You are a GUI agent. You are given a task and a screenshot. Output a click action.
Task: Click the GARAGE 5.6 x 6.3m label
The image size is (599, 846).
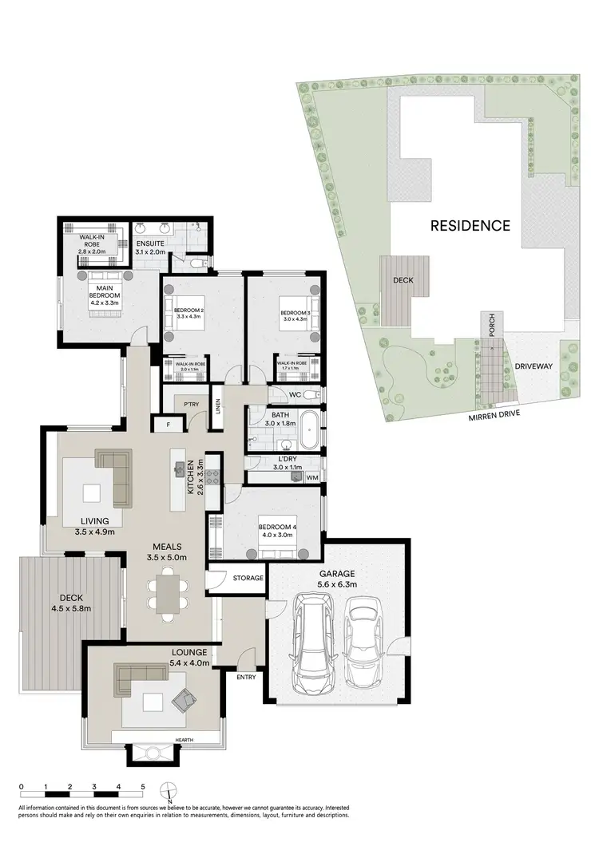click(x=335, y=579)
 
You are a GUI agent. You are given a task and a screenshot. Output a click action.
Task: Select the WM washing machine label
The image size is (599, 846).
click(x=311, y=477)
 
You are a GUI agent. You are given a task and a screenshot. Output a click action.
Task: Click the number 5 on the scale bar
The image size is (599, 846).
click(x=143, y=787)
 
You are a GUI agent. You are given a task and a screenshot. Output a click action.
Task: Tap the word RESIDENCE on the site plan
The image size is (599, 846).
click(x=470, y=226)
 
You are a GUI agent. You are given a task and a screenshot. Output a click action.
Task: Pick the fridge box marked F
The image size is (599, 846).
click(x=169, y=425)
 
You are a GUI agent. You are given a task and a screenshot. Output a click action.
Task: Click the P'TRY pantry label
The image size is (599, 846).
click(x=191, y=405)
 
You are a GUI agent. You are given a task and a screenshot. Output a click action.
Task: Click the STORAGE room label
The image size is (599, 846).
click(x=247, y=577)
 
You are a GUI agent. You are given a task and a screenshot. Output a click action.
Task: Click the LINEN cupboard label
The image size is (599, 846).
click(x=217, y=406)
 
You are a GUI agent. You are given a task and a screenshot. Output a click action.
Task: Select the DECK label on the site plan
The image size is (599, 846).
click(x=401, y=281)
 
